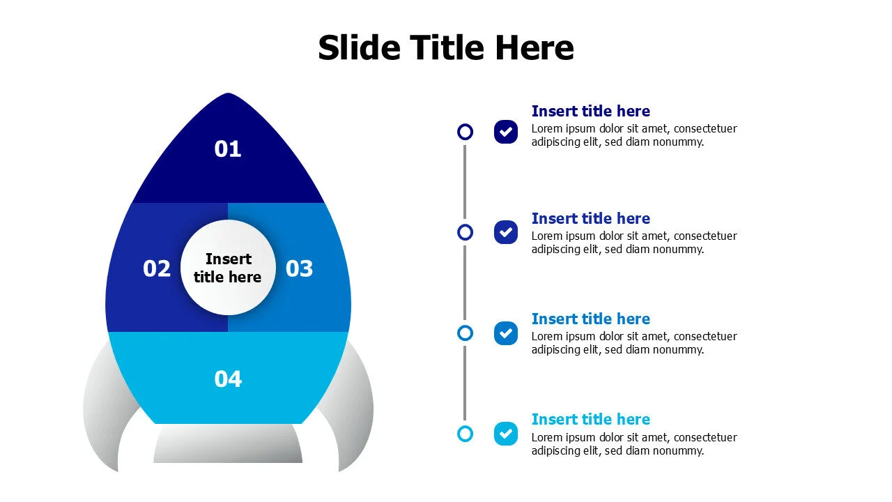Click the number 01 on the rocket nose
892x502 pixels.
pos(228,149)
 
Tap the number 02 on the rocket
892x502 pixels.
pos(157,268)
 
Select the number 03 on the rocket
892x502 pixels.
pos(300,268)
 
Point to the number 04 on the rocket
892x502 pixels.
pos(228,379)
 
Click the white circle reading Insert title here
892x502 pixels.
pos(228,268)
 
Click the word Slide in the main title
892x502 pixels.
pos(359,48)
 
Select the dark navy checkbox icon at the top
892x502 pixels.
pos(506,132)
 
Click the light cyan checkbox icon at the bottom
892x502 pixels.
pos(506,434)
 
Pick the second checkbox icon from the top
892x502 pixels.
pos(506,232)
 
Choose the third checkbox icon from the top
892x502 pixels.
pos(506,333)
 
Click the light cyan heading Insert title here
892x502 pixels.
pos(590,419)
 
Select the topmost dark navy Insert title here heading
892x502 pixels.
pos(590,111)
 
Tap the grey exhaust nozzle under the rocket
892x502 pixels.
pos(228,443)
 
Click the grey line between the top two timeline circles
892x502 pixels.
pos(465,182)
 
